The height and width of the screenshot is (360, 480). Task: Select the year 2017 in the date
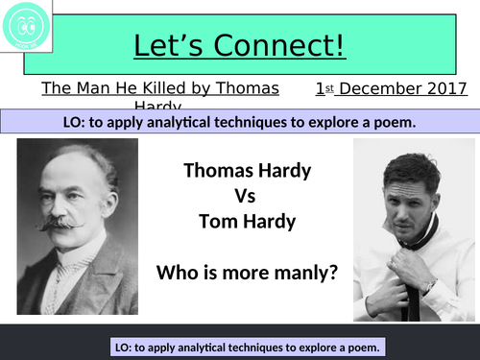click(448, 89)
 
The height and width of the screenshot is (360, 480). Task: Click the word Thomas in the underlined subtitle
click(250, 89)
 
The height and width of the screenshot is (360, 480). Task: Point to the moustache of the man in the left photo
click(60, 223)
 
